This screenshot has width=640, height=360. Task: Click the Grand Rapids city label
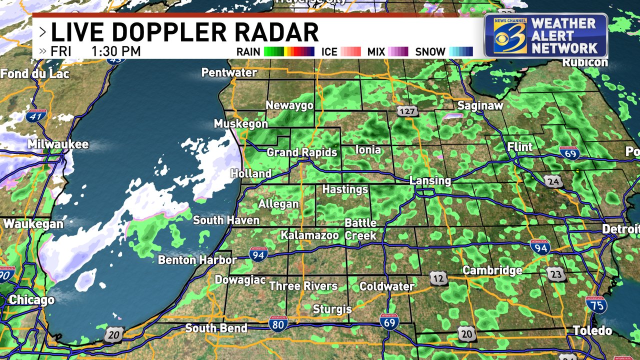tap(302, 152)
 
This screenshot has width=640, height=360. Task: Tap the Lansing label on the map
tap(430, 180)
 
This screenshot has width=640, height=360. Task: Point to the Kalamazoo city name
tap(309, 234)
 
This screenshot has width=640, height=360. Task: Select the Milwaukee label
tap(58, 144)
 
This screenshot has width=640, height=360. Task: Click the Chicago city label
tap(31, 300)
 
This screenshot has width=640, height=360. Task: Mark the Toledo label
tap(592, 330)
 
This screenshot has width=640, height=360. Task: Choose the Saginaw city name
tap(480, 105)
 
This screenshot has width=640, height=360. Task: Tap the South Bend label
tap(216, 328)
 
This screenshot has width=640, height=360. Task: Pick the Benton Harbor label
tap(197, 259)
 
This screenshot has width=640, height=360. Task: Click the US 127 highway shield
tap(407, 111)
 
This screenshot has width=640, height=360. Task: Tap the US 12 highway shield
tap(439, 278)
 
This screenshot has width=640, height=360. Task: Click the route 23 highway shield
tap(556, 273)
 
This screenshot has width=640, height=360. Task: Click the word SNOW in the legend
tap(430, 51)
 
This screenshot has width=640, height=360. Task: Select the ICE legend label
tap(329, 51)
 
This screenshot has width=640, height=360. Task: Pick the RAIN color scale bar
tap(288, 51)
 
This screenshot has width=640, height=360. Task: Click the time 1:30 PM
tap(116, 51)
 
